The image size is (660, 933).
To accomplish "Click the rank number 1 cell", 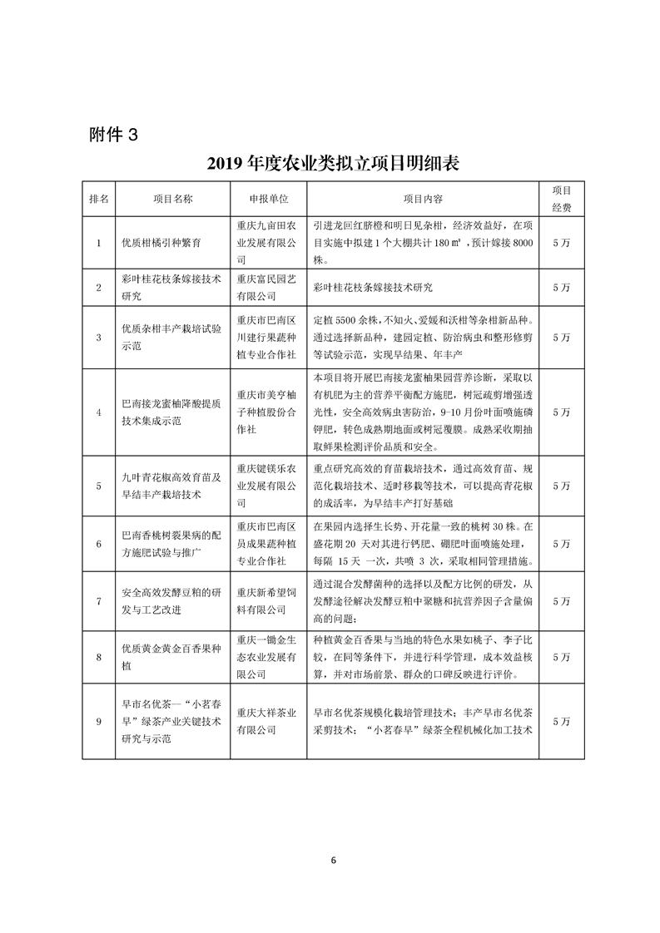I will [98, 243].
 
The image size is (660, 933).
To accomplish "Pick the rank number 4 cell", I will [98, 412].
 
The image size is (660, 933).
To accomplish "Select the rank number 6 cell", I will [98, 543].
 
